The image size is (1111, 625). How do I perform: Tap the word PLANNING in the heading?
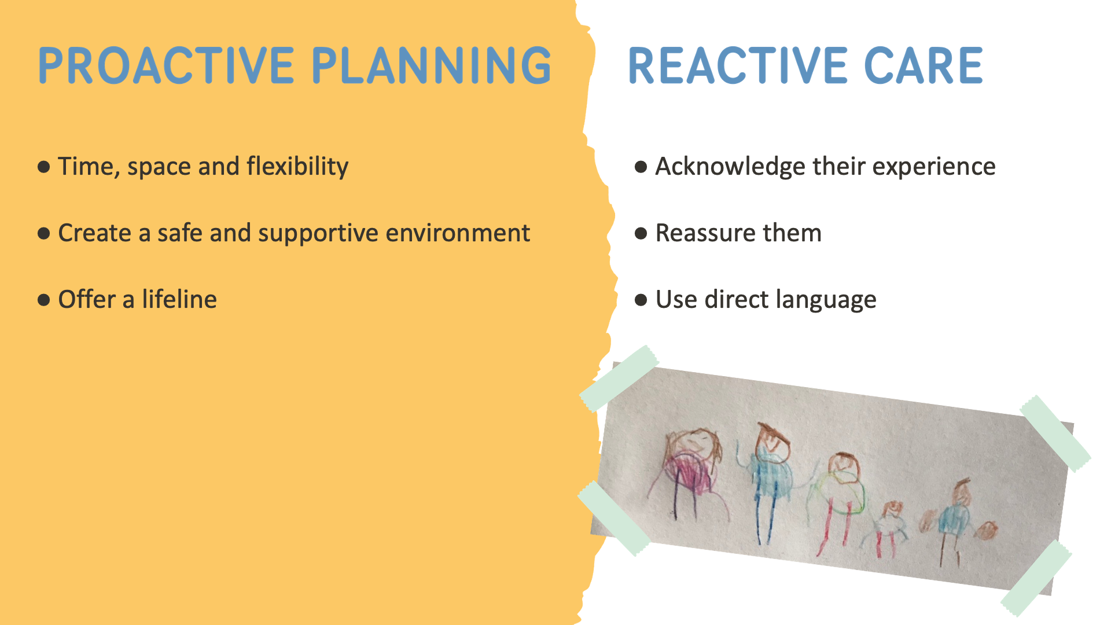click(x=432, y=65)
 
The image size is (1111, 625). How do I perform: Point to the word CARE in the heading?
click(x=924, y=66)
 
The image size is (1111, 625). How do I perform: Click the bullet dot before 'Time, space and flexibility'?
click(x=43, y=167)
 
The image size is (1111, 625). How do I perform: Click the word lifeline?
click(x=179, y=299)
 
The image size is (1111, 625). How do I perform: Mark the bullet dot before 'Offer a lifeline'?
click(x=43, y=300)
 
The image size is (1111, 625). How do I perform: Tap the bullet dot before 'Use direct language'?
click(x=641, y=300)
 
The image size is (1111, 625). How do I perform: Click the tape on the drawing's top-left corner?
click(x=619, y=378)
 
